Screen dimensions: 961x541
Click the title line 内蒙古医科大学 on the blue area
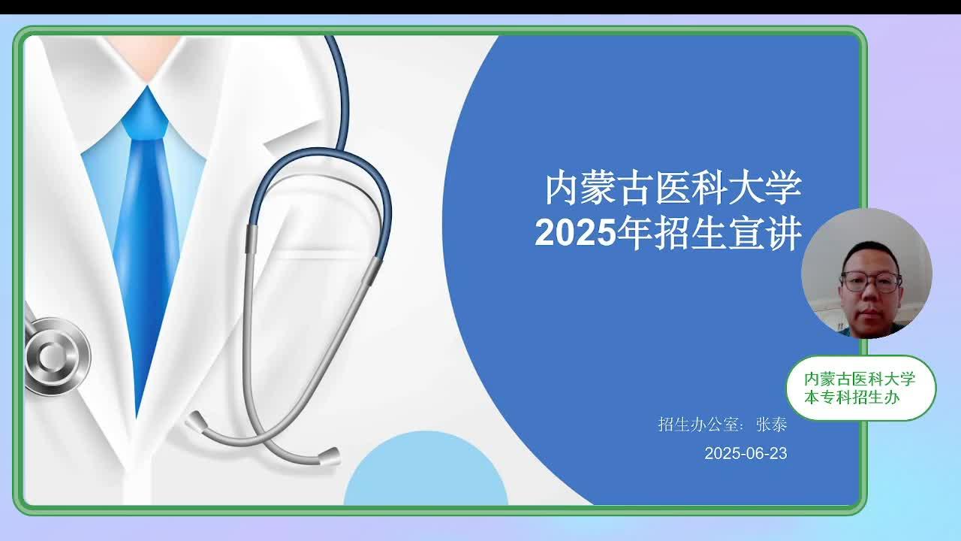[x=673, y=188]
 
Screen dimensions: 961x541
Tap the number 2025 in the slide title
[x=575, y=233]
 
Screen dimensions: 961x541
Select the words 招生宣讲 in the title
[x=728, y=233]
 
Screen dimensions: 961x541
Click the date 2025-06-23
[x=746, y=453]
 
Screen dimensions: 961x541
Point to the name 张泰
[x=771, y=425]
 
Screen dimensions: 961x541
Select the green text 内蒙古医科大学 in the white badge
[x=860, y=379]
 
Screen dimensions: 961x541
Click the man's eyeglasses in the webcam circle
[x=870, y=282]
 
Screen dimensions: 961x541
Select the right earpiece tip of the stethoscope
[x=330, y=457]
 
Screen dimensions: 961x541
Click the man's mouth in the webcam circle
[x=869, y=312]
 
